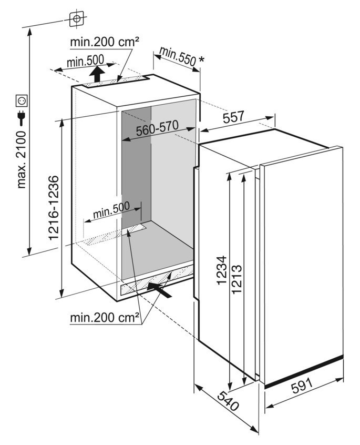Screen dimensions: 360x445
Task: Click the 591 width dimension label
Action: [x=302, y=386]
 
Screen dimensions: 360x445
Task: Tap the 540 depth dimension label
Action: [x=228, y=401]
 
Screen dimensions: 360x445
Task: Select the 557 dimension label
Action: [x=233, y=117]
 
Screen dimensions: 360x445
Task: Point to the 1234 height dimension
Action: [x=222, y=270]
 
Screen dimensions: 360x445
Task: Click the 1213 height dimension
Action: [x=236, y=279]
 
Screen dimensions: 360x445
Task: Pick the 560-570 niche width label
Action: [x=157, y=128]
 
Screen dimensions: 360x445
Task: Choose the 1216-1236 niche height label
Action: [x=54, y=208]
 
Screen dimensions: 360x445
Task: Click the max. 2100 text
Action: [x=21, y=159]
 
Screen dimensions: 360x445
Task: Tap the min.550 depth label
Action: [x=178, y=56]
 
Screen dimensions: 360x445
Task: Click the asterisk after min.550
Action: [x=201, y=60]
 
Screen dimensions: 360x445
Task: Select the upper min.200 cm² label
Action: [x=105, y=42]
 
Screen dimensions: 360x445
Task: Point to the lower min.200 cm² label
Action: [x=105, y=318]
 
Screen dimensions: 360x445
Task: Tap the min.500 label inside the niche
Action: [x=111, y=210]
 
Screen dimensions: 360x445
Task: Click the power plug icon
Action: [x=22, y=118]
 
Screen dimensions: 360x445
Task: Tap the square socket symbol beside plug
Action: [x=22, y=101]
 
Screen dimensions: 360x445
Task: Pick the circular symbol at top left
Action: [x=77, y=19]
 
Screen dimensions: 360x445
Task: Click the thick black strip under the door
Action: [x=304, y=371]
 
